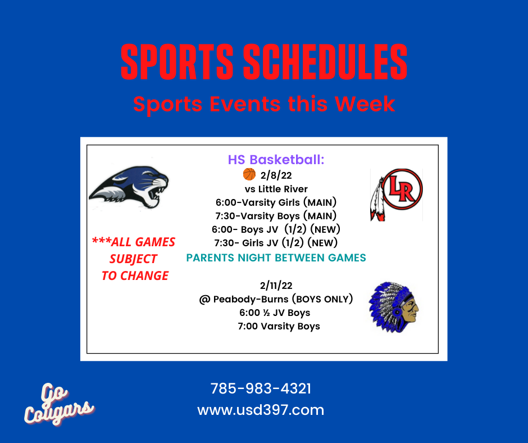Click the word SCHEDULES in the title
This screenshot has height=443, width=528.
click(x=325, y=62)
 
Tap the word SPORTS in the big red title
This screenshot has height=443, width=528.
click(x=177, y=62)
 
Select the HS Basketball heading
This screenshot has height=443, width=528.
click(x=276, y=160)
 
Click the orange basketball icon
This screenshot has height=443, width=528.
click(x=249, y=174)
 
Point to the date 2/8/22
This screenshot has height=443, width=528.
click(x=276, y=175)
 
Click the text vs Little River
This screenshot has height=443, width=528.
click(x=276, y=189)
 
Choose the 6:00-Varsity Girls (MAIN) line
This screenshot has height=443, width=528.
click(x=276, y=202)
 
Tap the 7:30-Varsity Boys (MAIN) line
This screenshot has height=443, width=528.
click(x=276, y=216)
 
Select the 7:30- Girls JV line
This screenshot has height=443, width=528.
click(x=276, y=243)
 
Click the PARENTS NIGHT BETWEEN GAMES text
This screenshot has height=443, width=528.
click(x=276, y=257)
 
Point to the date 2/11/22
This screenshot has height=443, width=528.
click(x=276, y=286)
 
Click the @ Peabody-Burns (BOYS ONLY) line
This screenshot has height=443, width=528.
click(x=276, y=299)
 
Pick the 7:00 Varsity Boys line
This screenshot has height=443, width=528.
click(x=279, y=326)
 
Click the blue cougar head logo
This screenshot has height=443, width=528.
click(x=129, y=187)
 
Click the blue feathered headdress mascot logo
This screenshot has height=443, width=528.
click(x=394, y=308)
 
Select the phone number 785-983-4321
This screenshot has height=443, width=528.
click(x=261, y=388)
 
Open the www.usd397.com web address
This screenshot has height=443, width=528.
click(x=261, y=410)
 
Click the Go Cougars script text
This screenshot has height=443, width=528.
click(x=58, y=404)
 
